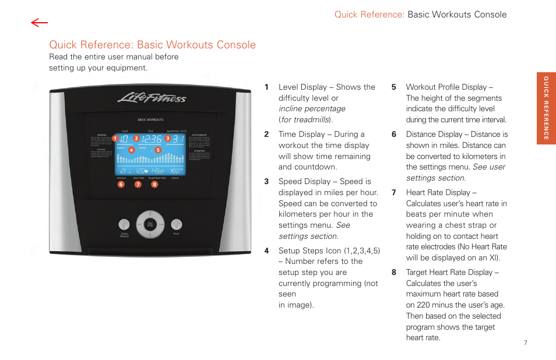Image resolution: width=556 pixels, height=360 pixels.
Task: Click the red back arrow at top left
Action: pyautogui.click(x=40, y=23)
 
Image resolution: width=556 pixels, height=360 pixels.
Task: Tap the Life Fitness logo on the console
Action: pyautogui.click(x=152, y=97)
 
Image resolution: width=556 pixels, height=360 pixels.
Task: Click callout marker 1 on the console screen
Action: pyautogui.click(x=115, y=139)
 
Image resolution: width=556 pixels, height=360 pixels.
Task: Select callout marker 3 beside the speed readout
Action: pyautogui.click(x=167, y=139)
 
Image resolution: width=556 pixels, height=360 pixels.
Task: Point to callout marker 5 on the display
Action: pyautogui.click(x=157, y=150)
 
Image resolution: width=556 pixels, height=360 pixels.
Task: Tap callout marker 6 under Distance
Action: pyautogui.click(x=121, y=184)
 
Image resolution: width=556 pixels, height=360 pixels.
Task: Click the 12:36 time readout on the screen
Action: pyautogui.click(x=150, y=139)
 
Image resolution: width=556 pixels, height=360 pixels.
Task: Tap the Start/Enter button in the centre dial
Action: pyautogui.click(x=150, y=224)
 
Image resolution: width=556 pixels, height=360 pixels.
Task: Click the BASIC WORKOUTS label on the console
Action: pyautogui.click(x=150, y=120)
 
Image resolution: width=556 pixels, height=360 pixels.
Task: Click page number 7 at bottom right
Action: pyautogui.click(x=525, y=343)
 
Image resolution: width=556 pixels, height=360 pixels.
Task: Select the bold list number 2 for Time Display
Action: pyautogui.click(x=266, y=135)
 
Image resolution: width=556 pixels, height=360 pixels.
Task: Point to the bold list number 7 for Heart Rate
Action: pyautogui.click(x=394, y=193)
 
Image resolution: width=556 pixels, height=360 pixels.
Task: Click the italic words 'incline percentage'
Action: pyautogui.click(x=312, y=109)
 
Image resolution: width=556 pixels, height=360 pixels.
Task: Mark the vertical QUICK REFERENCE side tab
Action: pyautogui.click(x=546, y=108)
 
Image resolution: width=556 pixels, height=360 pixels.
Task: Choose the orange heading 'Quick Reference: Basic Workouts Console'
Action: pyautogui.click(x=153, y=45)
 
